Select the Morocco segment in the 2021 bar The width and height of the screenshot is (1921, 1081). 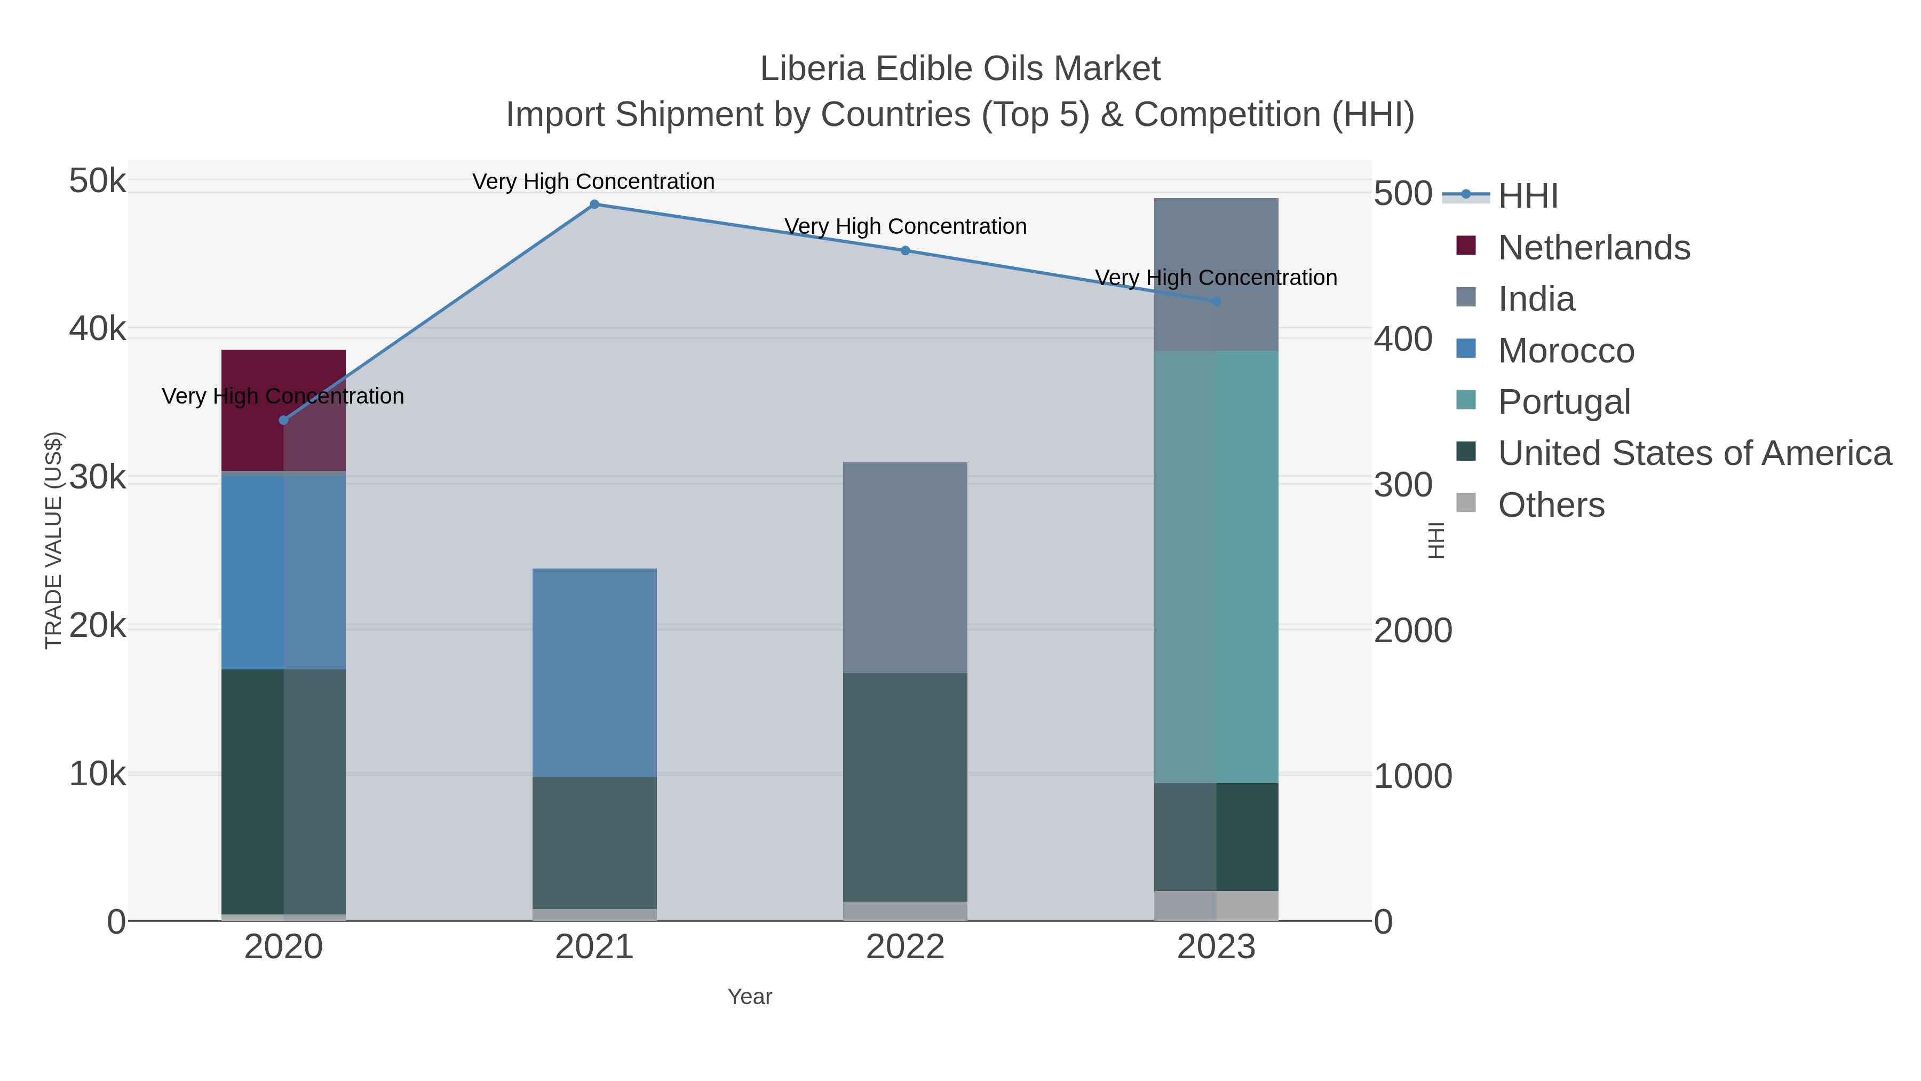(594, 672)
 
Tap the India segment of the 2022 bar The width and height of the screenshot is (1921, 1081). (904, 567)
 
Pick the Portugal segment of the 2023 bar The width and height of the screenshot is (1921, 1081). (1216, 566)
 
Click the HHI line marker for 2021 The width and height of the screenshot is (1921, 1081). (594, 204)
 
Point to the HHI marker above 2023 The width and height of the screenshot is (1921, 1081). (1216, 302)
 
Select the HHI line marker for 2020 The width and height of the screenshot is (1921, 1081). (283, 420)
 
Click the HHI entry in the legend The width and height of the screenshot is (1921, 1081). (1527, 195)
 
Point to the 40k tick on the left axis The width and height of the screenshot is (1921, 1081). (97, 328)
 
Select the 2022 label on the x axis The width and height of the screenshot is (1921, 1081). (904, 946)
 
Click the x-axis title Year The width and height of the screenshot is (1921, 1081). (750, 996)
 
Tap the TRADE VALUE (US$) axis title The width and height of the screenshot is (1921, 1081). (54, 540)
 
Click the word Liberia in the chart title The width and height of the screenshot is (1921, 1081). (812, 69)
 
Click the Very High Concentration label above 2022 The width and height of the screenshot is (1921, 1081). (904, 226)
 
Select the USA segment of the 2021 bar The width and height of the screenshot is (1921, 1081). (594, 843)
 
